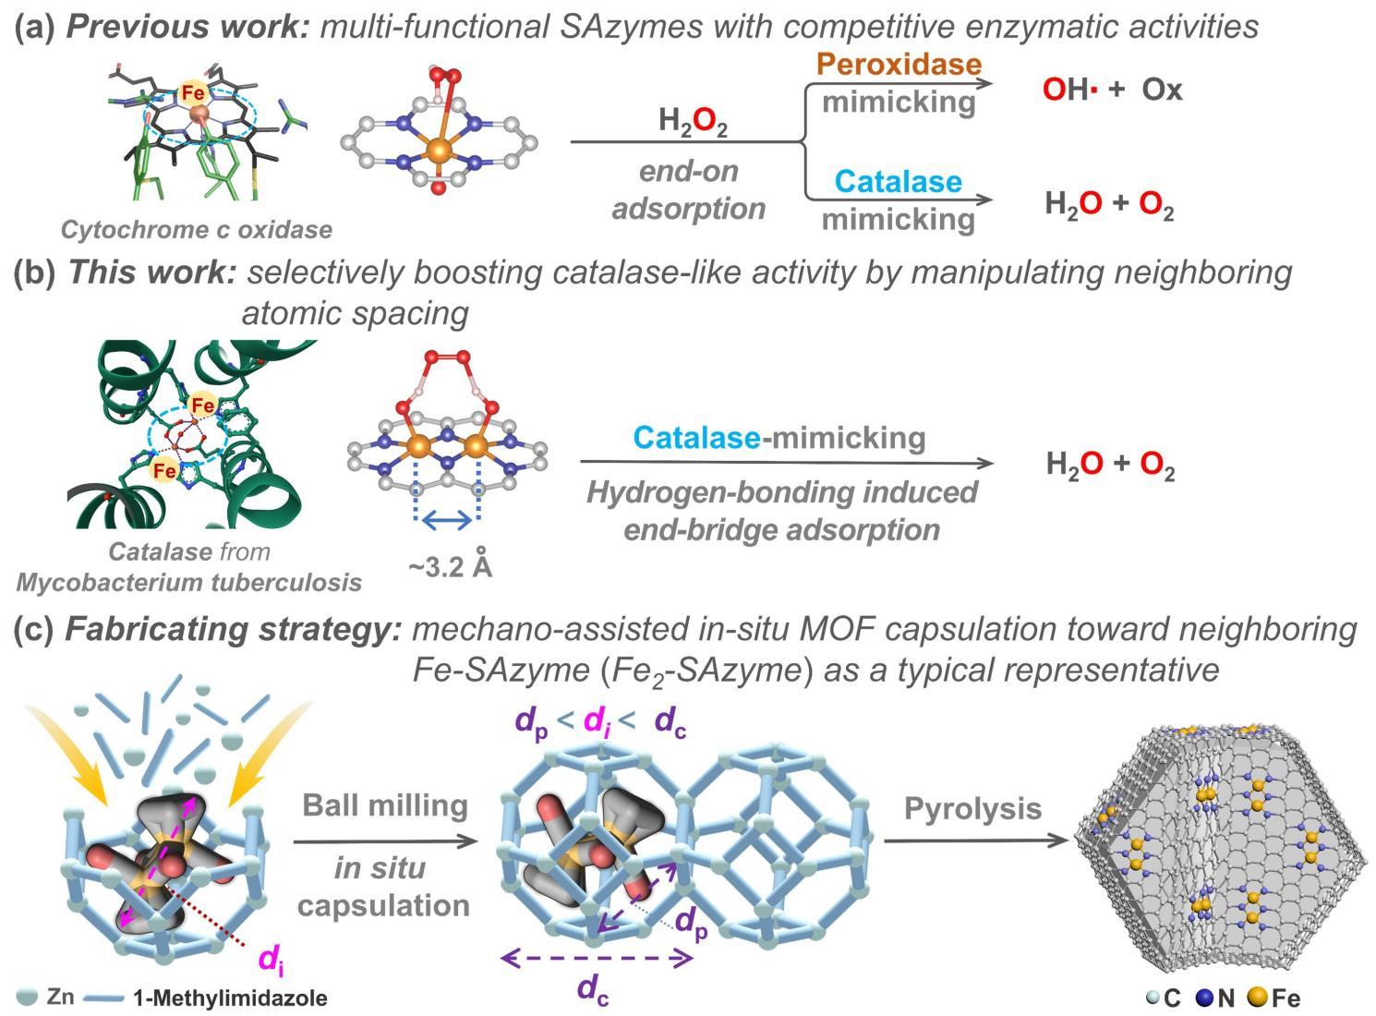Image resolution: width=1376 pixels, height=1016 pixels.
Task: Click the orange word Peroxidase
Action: [897, 64]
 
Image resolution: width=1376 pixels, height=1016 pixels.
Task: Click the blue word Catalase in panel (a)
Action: [898, 182]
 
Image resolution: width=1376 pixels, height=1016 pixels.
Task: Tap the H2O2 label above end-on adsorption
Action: [693, 122]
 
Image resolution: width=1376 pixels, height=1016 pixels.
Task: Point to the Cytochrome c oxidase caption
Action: [196, 229]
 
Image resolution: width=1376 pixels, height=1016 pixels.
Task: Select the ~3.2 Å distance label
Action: [450, 566]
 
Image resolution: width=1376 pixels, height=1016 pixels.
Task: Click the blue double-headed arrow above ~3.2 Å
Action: [448, 522]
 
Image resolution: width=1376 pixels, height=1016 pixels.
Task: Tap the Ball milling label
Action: [385, 805]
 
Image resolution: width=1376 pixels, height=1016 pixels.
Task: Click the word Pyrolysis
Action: [972, 809]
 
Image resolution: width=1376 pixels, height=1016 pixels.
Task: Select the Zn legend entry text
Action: [60, 997]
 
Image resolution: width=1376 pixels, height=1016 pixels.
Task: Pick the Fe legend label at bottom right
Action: [1285, 998]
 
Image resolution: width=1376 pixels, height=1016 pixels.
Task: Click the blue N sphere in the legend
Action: [1203, 998]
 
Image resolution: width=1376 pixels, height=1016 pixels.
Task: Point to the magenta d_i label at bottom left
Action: [270, 962]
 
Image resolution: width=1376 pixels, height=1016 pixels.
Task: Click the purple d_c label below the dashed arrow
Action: [593, 990]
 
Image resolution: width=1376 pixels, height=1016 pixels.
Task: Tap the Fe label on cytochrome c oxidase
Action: [193, 92]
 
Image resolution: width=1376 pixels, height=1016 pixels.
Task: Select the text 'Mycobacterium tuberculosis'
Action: [188, 583]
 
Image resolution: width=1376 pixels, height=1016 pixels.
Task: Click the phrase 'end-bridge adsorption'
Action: [781, 530]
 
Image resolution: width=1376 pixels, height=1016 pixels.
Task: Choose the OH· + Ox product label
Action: [1112, 90]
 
